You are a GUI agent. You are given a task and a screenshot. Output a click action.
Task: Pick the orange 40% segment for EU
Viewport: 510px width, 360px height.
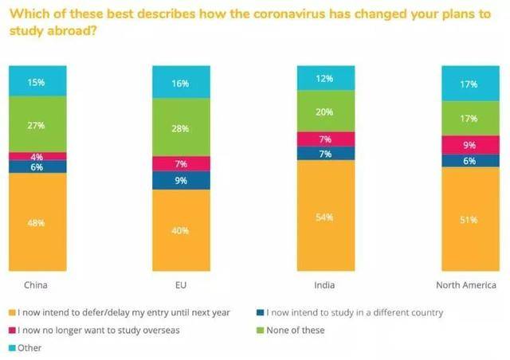(182, 231)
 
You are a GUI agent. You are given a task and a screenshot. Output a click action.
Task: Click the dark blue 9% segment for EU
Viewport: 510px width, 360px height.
(182, 180)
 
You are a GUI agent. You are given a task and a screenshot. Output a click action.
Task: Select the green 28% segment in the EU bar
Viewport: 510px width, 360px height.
(182, 129)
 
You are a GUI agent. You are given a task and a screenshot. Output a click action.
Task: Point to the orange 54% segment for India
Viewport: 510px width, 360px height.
(326, 217)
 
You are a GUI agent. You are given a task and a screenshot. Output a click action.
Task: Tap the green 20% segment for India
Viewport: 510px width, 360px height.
(326, 112)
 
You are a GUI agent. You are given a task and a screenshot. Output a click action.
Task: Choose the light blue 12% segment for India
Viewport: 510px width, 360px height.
(326, 77)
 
